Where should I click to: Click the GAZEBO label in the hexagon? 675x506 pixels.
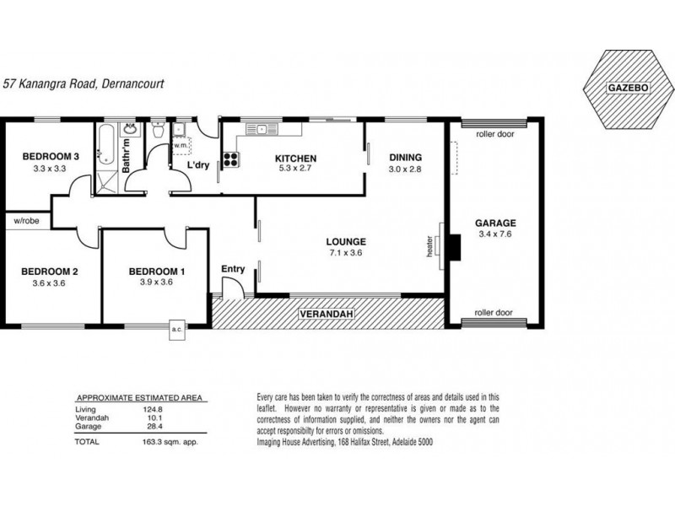point(628,88)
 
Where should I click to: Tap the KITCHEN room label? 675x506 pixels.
point(296,159)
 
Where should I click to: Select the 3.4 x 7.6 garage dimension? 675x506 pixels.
point(495,234)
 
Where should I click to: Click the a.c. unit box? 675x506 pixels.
point(177,330)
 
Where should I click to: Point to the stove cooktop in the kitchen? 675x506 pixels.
point(230,159)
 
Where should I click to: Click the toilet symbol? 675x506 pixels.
point(158,129)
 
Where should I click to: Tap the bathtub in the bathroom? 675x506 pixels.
point(106,145)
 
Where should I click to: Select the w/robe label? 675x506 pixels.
point(27,221)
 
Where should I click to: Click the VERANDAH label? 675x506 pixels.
point(327,314)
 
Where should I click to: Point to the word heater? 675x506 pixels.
point(429,246)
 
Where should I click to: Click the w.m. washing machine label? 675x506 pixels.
point(181,145)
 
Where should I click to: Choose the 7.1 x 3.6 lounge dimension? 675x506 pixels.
point(346,253)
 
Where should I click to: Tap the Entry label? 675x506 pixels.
point(233,269)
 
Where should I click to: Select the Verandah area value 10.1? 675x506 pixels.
point(155,417)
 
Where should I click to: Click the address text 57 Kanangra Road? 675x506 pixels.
point(50,83)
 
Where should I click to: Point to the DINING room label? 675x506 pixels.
point(406,158)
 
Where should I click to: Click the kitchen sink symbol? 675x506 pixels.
point(262,129)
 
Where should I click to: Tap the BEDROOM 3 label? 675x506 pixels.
point(51,157)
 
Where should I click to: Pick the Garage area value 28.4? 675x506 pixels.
point(155,427)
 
